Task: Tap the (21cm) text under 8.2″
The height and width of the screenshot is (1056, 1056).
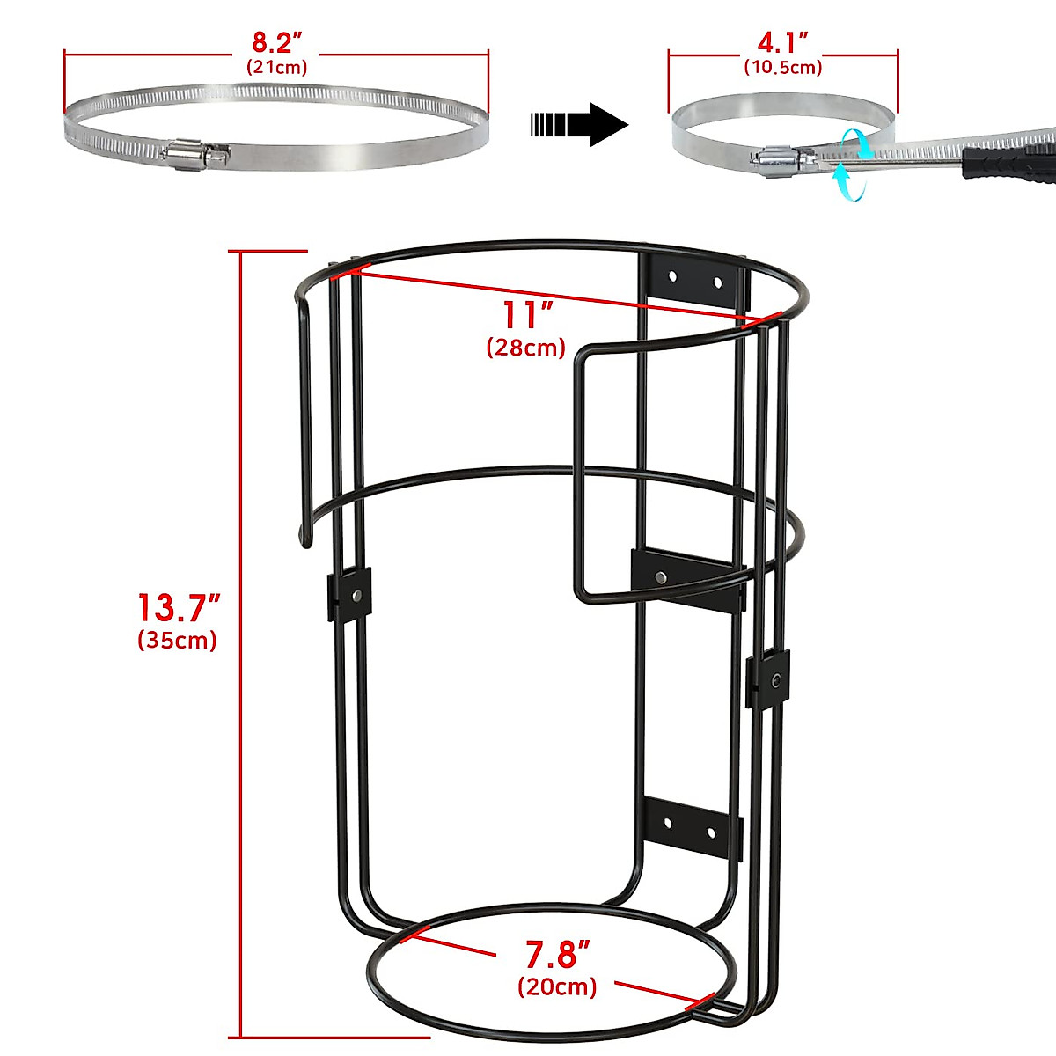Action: pos(276,67)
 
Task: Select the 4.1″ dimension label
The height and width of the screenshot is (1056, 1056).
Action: pos(782,42)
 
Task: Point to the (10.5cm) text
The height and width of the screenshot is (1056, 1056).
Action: pos(782,67)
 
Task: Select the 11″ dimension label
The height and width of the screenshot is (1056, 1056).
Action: pos(527,315)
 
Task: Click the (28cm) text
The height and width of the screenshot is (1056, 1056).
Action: pos(525,348)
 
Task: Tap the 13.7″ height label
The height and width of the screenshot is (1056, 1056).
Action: pos(178,608)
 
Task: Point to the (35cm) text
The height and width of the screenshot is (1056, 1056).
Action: pos(177,640)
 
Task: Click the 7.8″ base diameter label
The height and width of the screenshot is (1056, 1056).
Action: pos(557,955)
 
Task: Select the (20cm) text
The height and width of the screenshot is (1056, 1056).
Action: pos(557,986)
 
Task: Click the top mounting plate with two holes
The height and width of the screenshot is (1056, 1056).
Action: pos(695,281)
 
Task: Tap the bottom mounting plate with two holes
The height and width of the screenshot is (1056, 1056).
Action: pos(692,827)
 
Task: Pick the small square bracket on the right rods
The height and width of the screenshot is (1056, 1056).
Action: pos(768,678)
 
